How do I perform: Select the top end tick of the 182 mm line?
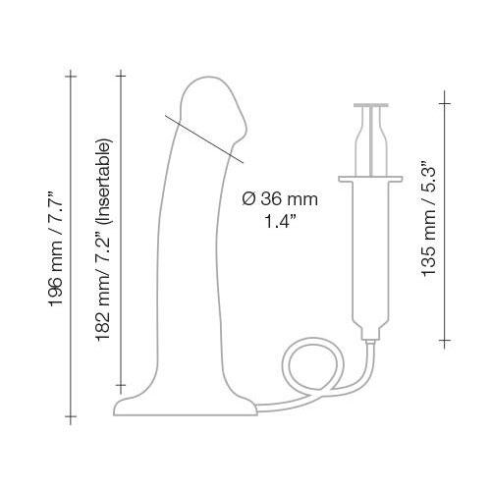[x=122, y=72]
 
